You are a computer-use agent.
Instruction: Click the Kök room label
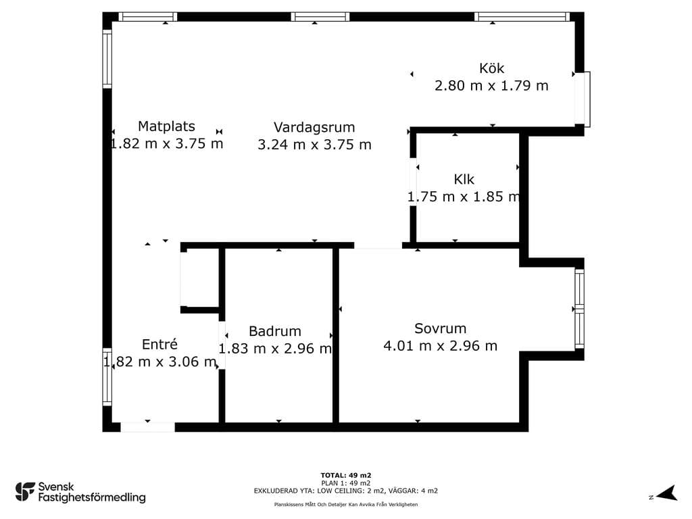coord(491,68)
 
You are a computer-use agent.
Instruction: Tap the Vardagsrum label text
coord(314,128)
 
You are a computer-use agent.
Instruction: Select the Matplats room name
coord(166,126)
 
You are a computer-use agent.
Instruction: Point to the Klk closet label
coord(464,179)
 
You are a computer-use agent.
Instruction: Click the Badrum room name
coord(275,331)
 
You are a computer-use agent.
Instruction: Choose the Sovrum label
coord(441,328)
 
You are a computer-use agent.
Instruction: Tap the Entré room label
coord(159,344)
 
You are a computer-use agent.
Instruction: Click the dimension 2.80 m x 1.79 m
coord(492,86)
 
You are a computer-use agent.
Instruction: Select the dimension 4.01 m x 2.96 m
coord(441,345)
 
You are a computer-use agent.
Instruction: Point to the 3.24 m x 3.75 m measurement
coord(314,145)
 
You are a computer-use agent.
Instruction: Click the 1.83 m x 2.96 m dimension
coord(275,349)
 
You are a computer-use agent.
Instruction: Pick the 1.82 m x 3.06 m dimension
coord(159,362)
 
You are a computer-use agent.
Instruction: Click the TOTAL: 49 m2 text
coord(346,475)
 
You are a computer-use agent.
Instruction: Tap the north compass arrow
coord(668,493)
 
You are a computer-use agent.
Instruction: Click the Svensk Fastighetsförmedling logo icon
coord(25,492)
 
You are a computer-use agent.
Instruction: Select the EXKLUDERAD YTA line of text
coord(346,491)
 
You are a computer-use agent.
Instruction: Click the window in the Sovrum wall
coord(579,309)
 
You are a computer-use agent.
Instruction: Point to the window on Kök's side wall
coord(582,99)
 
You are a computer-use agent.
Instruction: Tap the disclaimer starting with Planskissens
coord(346,504)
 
